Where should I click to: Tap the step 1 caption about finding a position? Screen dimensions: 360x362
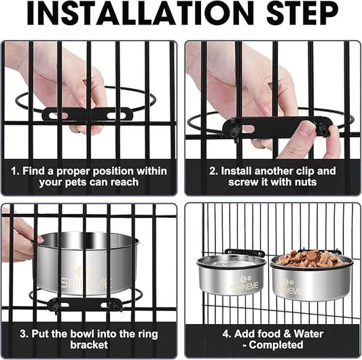pos(89,177)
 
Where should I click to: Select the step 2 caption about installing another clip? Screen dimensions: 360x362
pos(272,177)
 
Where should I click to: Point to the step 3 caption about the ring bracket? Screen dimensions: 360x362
pos(89,339)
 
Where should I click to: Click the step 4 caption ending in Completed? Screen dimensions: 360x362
pos(272,339)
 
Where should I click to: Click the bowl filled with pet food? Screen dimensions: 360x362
pos(311,276)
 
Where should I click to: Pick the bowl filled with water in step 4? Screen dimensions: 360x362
pos(230,274)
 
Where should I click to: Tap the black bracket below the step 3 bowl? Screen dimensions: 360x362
pos(82,304)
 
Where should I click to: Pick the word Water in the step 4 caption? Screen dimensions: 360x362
pos(307,334)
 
